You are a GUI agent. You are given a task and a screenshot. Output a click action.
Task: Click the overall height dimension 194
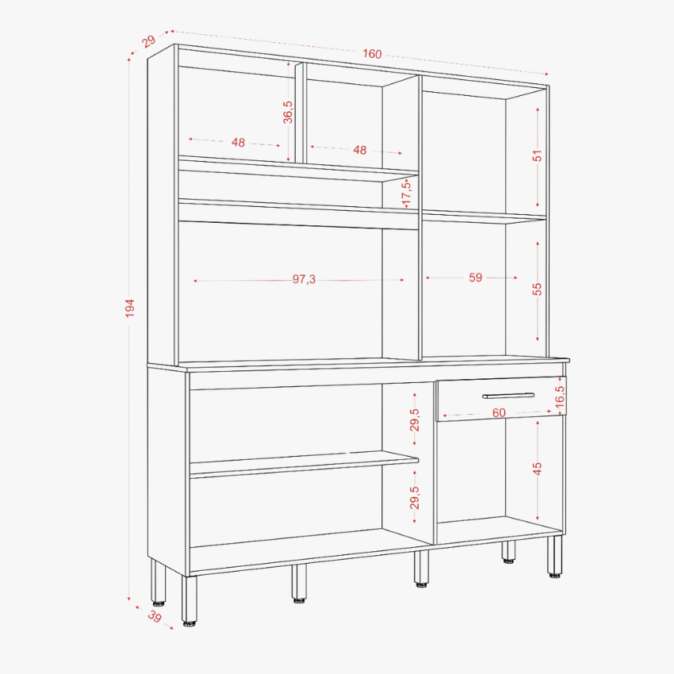(x=130, y=308)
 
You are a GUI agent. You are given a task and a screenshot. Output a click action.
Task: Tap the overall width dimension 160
(x=372, y=54)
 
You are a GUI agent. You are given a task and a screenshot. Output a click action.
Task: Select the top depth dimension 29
(x=149, y=41)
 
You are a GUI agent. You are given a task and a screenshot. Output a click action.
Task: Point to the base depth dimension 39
(x=155, y=616)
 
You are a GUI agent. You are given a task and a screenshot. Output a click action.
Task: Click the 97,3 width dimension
(x=304, y=279)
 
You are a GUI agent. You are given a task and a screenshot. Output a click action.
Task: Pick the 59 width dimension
(x=476, y=278)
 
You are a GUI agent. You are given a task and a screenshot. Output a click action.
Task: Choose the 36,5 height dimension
(x=288, y=112)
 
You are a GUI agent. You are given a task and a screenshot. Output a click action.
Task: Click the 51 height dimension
(x=538, y=155)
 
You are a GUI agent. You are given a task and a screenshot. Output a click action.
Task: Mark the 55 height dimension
(x=538, y=289)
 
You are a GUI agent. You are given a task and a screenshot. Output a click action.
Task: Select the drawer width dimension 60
(x=499, y=412)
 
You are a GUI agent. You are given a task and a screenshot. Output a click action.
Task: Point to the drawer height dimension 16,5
(x=560, y=396)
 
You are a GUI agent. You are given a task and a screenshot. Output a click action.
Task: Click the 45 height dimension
(x=538, y=469)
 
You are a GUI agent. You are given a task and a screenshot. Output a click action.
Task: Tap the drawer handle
(x=508, y=396)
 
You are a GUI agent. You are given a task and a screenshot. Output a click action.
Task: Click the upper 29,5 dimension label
(x=415, y=419)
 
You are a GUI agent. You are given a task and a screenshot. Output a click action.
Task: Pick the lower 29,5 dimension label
(x=415, y=497)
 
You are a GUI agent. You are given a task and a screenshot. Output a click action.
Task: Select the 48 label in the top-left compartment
(x=238, y=142)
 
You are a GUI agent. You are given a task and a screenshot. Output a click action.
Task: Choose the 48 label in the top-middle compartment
(x=360, y=150)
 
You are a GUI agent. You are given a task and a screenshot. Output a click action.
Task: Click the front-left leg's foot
(x=190, y=622)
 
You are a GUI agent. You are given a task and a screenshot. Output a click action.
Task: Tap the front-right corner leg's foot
(x=554, y=575)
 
